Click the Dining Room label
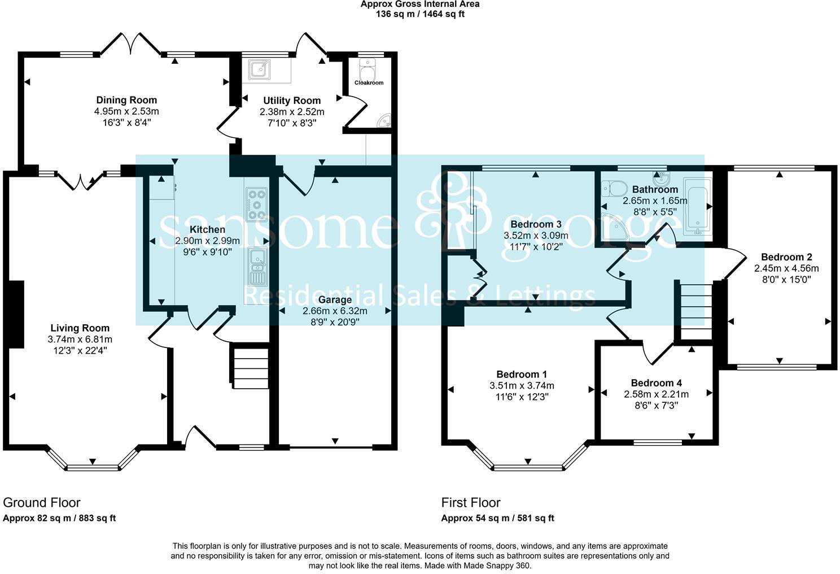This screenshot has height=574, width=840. coord(126,100)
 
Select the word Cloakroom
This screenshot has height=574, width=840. coord(369,82)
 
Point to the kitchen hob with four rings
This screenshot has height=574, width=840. coord(257,204)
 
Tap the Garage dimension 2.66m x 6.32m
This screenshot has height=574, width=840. coord(335,311)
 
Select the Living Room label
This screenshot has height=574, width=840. coord(80,328)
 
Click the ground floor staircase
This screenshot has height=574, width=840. coord(249,367)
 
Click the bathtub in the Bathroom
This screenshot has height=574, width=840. coord(697,206)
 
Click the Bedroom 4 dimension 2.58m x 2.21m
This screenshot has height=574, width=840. coord(656,394)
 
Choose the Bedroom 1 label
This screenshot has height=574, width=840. coord(522,374)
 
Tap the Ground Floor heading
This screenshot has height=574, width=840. coord(42,502)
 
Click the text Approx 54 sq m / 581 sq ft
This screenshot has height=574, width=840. coord(497,518)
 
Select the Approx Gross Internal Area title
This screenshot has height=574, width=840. coord(420,4)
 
